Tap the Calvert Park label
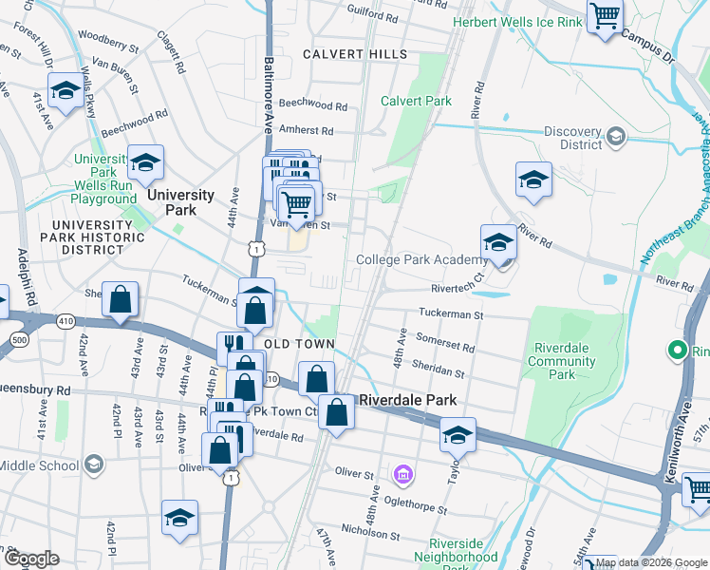[x=416, y=101]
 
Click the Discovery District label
[x=574, y=139]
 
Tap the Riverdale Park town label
[x=406, y=400]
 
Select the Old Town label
[x=299, y=343]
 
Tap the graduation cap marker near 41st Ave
[x=65, y=91]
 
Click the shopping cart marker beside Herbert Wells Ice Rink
[x=606, y=16]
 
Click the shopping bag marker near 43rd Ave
[x=121, y=300]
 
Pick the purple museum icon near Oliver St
[x=402, y=473]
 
